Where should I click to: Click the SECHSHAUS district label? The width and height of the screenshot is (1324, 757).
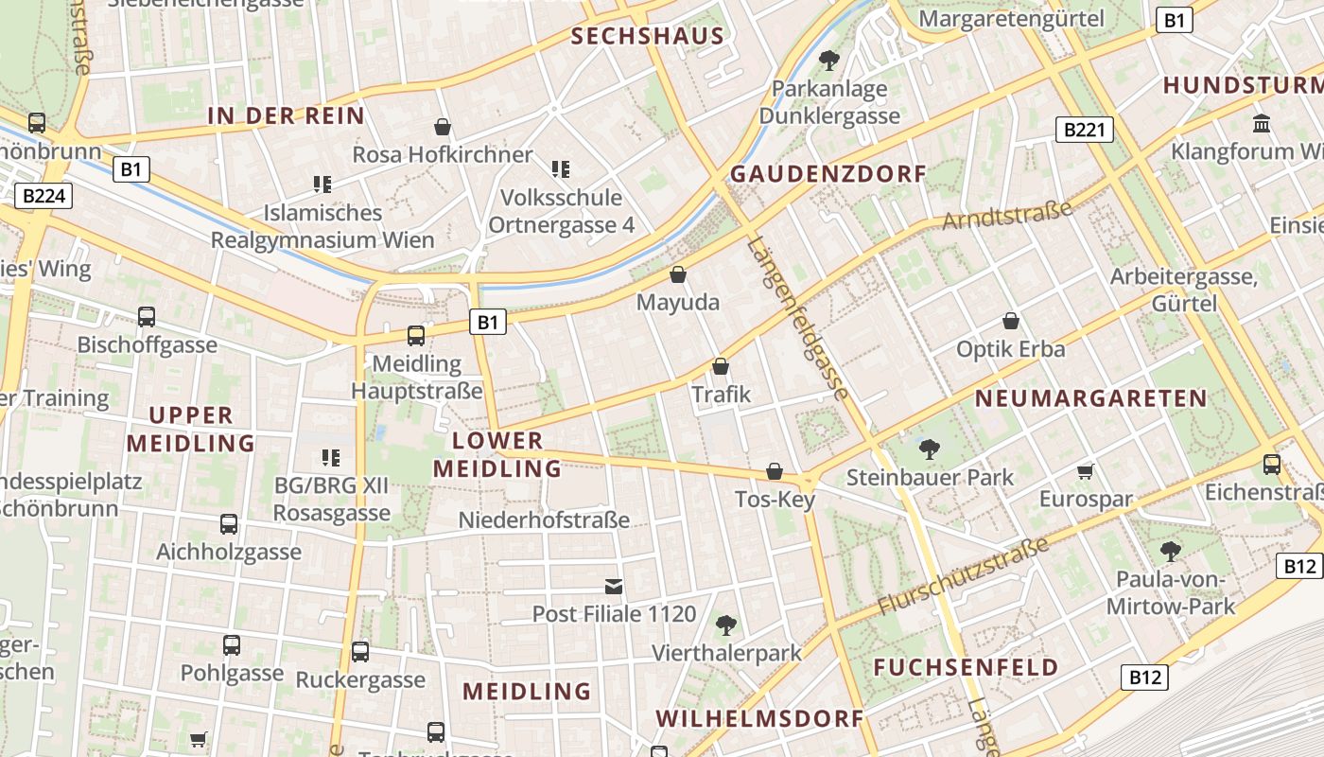648,37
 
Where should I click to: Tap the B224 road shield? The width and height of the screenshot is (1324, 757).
44,196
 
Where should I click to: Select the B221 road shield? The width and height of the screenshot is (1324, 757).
1084,130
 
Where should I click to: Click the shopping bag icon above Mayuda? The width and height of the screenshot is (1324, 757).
678,275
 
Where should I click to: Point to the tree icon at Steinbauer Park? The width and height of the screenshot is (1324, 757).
930,449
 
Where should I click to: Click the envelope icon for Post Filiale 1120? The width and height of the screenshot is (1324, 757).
614,587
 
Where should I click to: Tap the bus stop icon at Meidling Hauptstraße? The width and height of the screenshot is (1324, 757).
415,335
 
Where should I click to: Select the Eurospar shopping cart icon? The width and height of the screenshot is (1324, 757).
1086,471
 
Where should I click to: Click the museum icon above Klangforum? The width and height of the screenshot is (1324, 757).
1261,124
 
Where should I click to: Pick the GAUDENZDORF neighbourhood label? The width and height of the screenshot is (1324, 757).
828,174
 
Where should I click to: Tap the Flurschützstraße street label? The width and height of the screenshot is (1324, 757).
964,575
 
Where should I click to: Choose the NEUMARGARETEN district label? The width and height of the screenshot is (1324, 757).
1091,398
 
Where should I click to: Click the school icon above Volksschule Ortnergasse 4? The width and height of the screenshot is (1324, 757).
561,169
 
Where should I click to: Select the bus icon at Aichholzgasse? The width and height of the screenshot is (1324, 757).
229,524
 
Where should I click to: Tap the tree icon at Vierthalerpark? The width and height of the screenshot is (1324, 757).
726,625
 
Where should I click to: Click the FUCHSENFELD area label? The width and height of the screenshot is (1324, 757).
966,667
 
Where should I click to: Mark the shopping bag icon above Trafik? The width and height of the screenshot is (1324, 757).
721,366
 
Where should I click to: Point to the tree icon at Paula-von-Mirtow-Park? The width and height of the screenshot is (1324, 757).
1171,551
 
